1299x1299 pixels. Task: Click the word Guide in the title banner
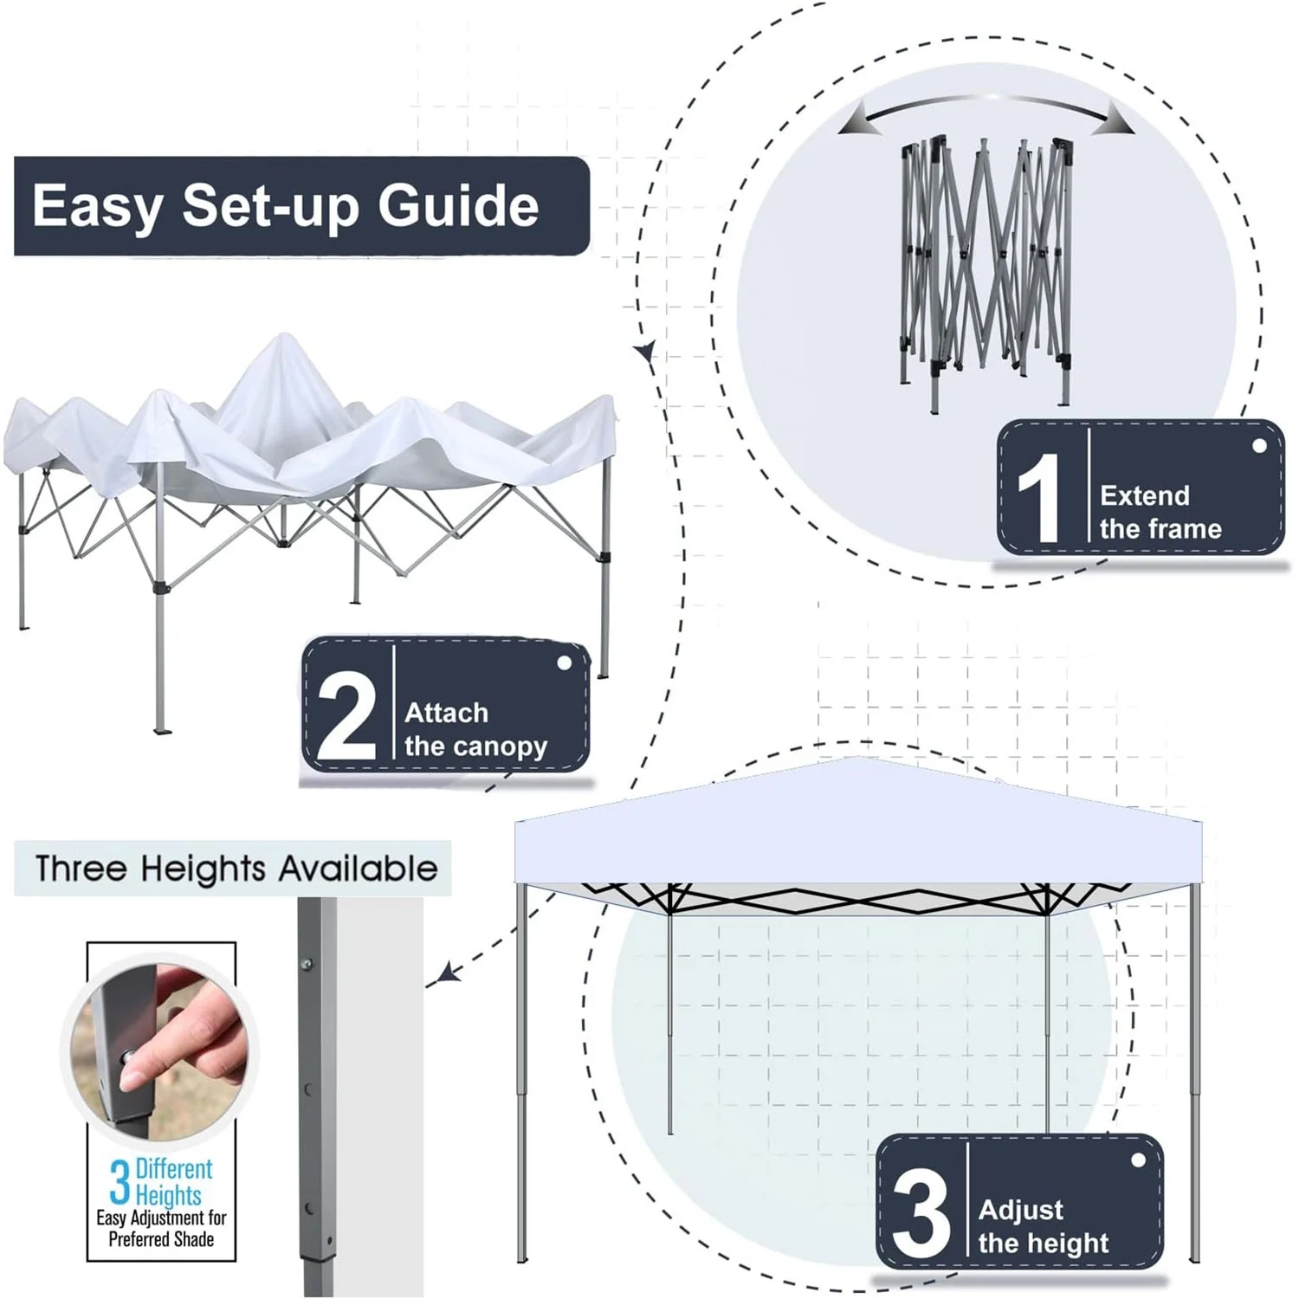click(x=458, y=206)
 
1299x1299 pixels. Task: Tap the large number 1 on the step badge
click(x=1039, y=498)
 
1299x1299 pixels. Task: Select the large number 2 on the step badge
click(x=346, y=715)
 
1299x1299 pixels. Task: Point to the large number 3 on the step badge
click(x=920, y=1212)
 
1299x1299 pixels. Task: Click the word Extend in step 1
click(x=1144, y=495)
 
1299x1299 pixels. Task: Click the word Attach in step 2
click(x=446, y=713)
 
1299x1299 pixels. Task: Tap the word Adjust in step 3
click(x=1020, y=1210)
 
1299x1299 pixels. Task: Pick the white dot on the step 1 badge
click(x=1259, y=446)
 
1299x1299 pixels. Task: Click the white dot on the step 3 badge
click(x=1138, y=1160)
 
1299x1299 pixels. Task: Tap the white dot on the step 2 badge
click(x=564, y=662)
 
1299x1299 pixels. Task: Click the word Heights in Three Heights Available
click(x=203, y=869)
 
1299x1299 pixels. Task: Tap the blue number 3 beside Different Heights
click(x=120, y=1182)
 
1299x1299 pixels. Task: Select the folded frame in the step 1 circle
click(x=986, y=268)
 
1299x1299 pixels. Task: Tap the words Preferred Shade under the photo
click(x=161, y=1239)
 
